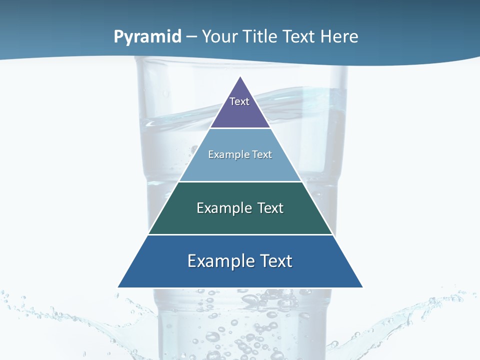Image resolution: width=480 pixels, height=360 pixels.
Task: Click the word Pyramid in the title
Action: point(147,37)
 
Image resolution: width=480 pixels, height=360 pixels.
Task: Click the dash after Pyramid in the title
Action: point(191,37)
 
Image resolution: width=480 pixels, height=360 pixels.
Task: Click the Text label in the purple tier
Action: point(239,101)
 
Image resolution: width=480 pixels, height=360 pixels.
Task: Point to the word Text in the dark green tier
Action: point(270,208)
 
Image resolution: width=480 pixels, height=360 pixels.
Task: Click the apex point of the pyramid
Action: point(240,77)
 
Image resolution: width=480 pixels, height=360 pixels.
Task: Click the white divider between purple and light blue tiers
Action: point(240,128)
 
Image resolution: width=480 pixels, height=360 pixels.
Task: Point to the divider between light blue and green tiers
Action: point(240,181)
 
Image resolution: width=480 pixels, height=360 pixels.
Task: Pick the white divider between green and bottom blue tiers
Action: point(240,234)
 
